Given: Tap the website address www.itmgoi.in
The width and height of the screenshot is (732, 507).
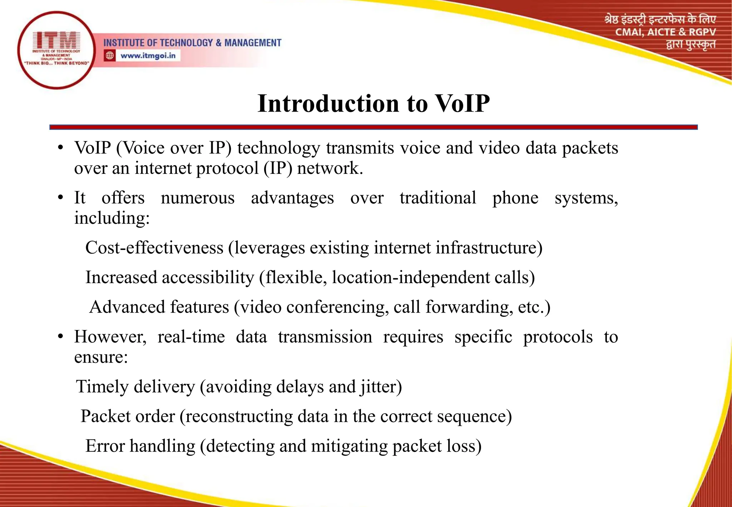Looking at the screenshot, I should pos(148,56).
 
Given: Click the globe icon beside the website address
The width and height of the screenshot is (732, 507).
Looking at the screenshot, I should pos(110,56).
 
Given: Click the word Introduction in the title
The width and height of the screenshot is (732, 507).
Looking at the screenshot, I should pos(328,104).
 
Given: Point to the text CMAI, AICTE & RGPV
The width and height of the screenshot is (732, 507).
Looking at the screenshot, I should pos(665,32).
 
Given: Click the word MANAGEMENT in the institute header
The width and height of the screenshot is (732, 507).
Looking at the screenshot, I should pos(253,43).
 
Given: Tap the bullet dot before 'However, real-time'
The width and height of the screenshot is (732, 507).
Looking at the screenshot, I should pos(61,336).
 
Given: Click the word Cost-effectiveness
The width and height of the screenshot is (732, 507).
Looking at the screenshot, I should pos(154,248).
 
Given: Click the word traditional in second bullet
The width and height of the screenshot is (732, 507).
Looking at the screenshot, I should pos(437,198).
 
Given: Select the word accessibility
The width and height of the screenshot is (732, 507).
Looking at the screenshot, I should pos(208,277).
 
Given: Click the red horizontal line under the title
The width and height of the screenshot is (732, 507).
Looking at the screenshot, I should pos(373,127).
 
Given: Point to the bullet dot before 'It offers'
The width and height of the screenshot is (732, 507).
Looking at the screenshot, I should pos(61,197).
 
